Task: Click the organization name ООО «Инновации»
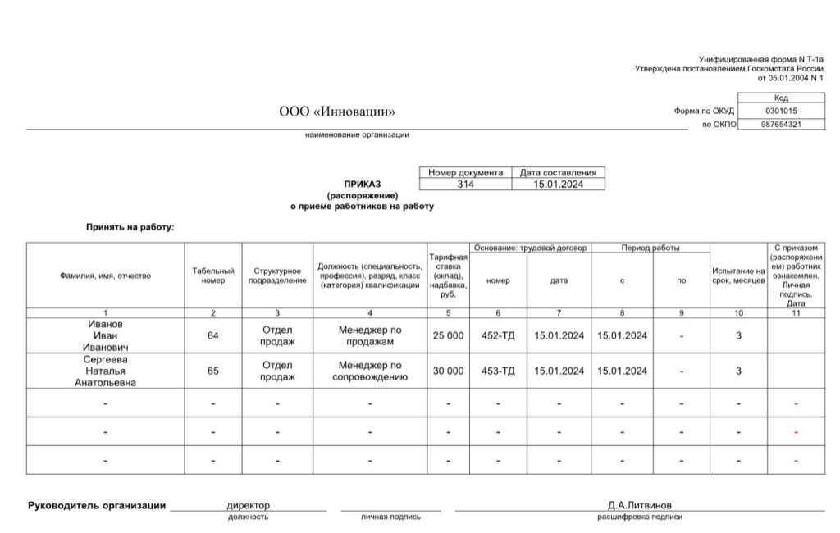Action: [x=337, y=112]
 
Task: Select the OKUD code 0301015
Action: [x=781, y=111]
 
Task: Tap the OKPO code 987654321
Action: [x=781, y=125]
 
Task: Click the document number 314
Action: [x=465, y=185]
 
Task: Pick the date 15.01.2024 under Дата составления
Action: [x=558, y=185]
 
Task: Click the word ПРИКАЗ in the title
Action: [x=363, y=184]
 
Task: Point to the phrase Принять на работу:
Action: [x=130, y=226]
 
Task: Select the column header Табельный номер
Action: [x=213, y=276]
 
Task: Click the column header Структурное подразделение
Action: [x=277, y=276]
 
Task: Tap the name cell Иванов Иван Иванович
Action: [x=104, y=335]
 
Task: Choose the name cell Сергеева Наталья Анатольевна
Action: [x=104, y=371]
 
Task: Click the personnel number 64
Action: [x=213, y=335]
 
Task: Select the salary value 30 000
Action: [x=448, y=371]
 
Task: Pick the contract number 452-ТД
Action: [x=498, y=335]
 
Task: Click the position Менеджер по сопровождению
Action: [x=369, y=371]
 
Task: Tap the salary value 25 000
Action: [x=448, y=335]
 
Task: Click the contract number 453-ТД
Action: [x=498, y=371]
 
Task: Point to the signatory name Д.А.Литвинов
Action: [x=639, y=505]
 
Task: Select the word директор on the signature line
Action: [x=248, y=505]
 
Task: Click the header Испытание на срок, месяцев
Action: [x=738, y=276]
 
